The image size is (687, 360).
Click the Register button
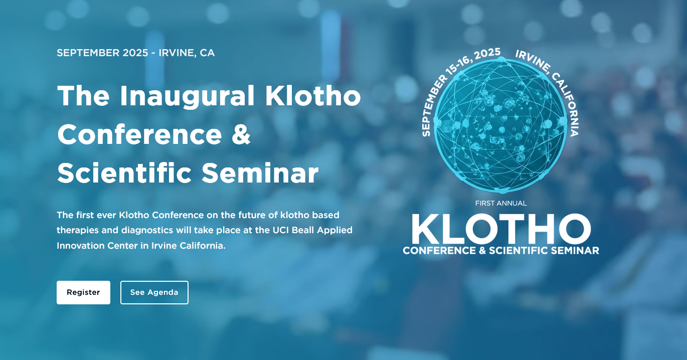pos(83,292)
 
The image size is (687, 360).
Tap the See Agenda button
pos(154,292)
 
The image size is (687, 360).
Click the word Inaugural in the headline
pos(187,96)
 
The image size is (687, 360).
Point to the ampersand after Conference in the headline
pos(241,134)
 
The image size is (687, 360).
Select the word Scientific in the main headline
pos(124,172)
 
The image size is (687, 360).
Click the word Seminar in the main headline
pos(260,173)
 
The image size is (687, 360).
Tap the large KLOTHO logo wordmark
pos(501,229)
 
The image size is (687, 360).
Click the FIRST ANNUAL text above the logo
pos(501,203)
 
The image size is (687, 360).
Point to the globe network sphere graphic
pos(501,126)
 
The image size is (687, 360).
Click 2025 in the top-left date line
pos(135,53)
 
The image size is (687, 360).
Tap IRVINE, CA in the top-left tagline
pos(187,53)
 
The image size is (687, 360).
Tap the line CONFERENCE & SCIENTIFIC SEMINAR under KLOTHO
pos(501,251)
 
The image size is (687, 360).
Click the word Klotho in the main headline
pos(313,96)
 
